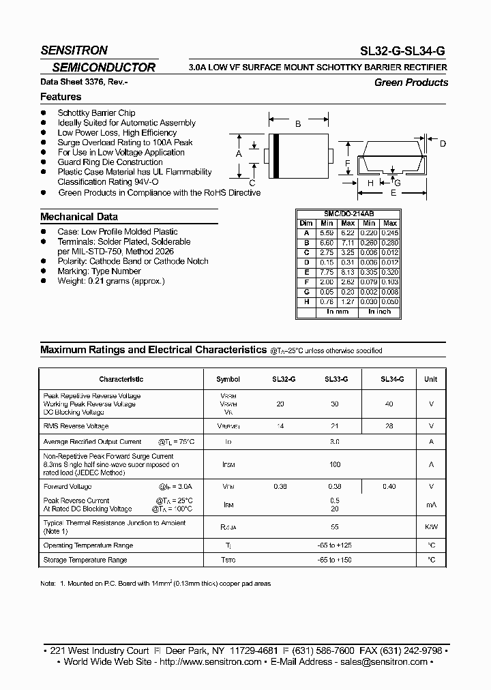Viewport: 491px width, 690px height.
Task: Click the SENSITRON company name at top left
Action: (74, 50)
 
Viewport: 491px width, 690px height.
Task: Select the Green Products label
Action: (411, 82)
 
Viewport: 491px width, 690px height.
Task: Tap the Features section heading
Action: (61, 97)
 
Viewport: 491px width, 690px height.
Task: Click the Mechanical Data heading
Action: (79, 217)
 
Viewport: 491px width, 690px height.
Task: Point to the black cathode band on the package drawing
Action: (276, 155)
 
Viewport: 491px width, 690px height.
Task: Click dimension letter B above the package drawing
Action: (297, 124)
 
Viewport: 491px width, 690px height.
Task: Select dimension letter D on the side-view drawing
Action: (442, 143)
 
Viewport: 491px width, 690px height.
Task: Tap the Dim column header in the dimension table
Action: (306, 224)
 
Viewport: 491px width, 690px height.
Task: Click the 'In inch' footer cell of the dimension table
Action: (379, 312)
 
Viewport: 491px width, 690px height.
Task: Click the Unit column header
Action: (431, 379)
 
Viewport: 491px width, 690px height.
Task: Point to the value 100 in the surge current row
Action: (335, 464)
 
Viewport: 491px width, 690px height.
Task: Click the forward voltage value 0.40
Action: (389, 487)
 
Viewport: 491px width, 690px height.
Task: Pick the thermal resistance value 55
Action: (335, 527)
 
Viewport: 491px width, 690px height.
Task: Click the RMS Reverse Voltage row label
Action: (76, 426)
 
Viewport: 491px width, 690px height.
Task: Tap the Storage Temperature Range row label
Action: (85, 560)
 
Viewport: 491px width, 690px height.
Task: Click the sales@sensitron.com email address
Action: (384, 662)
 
